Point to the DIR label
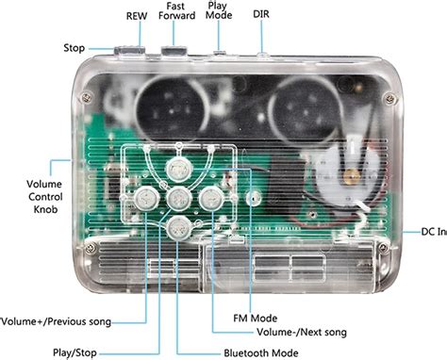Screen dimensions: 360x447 coord(261,16)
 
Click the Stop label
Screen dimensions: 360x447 coord(74,47)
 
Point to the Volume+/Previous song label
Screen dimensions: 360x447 coord(57,321)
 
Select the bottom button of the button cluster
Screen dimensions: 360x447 coord(176,226)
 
